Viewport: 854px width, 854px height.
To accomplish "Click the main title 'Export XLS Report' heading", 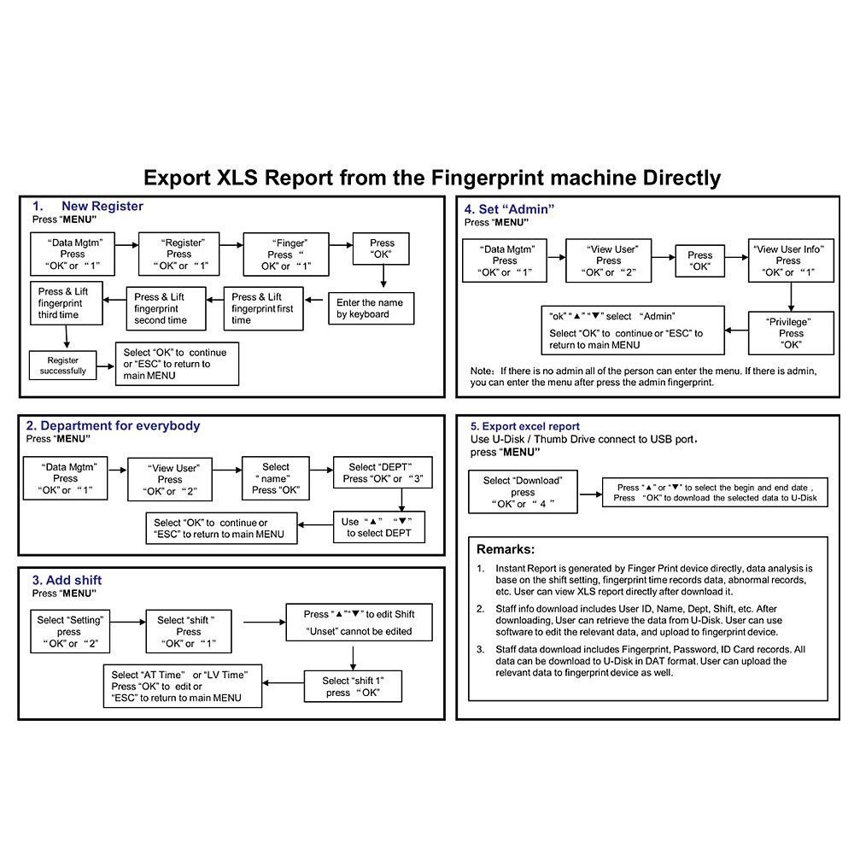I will tap(431, 178).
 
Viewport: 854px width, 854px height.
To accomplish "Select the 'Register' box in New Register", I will tap(179, 254).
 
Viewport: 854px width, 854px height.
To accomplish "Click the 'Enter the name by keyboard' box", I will tap(370, 308).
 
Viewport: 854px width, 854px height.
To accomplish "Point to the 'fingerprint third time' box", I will tap(69, 303).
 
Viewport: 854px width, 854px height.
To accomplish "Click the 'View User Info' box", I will tap(788, 260).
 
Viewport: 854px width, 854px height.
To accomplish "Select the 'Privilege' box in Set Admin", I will tap(791, 333).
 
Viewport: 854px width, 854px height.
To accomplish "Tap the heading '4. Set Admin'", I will tap(510, 209).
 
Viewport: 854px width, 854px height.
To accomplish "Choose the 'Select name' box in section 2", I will tap(276, 478).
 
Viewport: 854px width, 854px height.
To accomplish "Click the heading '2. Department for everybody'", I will tap(114, 425).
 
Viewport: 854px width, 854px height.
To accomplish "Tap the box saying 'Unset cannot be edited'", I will tap(359, 623).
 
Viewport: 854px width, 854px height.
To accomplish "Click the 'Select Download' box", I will tap(523, 492).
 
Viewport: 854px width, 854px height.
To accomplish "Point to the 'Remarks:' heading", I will tap(506, 549).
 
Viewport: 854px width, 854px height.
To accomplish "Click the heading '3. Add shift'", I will tap(67, 581).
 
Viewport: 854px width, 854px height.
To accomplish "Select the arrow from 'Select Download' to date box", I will tap(589, 493).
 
